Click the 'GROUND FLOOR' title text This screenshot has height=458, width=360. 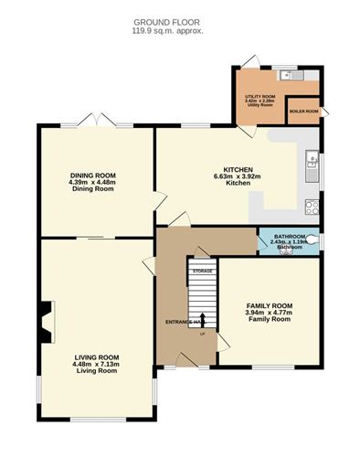(x=167, y=21)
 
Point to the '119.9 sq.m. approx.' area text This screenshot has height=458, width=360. (x=167, y=30)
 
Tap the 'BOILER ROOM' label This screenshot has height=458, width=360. (x=304, y=111)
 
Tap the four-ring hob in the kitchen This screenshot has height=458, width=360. (x=312, y=207)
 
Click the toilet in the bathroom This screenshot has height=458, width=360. (x=313, y=240)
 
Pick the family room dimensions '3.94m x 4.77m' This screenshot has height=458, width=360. (x=268, y=313)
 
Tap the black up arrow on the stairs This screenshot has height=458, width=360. (x=202, y=320)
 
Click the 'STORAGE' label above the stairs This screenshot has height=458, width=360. (x=202, y=271)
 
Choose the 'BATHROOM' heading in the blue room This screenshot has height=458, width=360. (x=290, y=236)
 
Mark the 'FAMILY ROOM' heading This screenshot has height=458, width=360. (x=269, y=305)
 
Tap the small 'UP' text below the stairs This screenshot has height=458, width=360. (x=202, y=334)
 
